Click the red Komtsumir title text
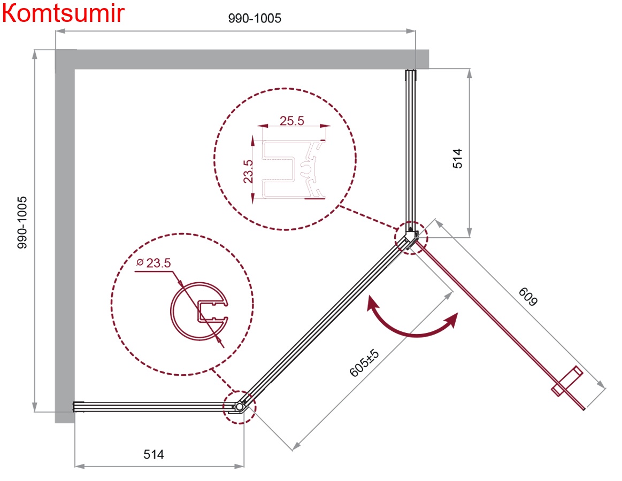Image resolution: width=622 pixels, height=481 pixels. coord(64,13)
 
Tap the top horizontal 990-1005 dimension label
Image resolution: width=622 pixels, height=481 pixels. coord(255,18)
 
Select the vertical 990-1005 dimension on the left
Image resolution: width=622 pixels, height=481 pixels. coord(22,222)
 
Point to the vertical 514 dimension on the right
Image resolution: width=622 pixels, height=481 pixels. coord(457,159)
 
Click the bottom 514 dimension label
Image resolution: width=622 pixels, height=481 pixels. coord(153,454)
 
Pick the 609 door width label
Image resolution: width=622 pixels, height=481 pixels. coord(528,297)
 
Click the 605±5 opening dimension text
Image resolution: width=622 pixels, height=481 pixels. coord(364,362)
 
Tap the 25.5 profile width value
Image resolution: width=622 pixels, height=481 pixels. coord(292,121)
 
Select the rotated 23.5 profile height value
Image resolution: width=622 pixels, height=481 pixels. coord(248,171)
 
